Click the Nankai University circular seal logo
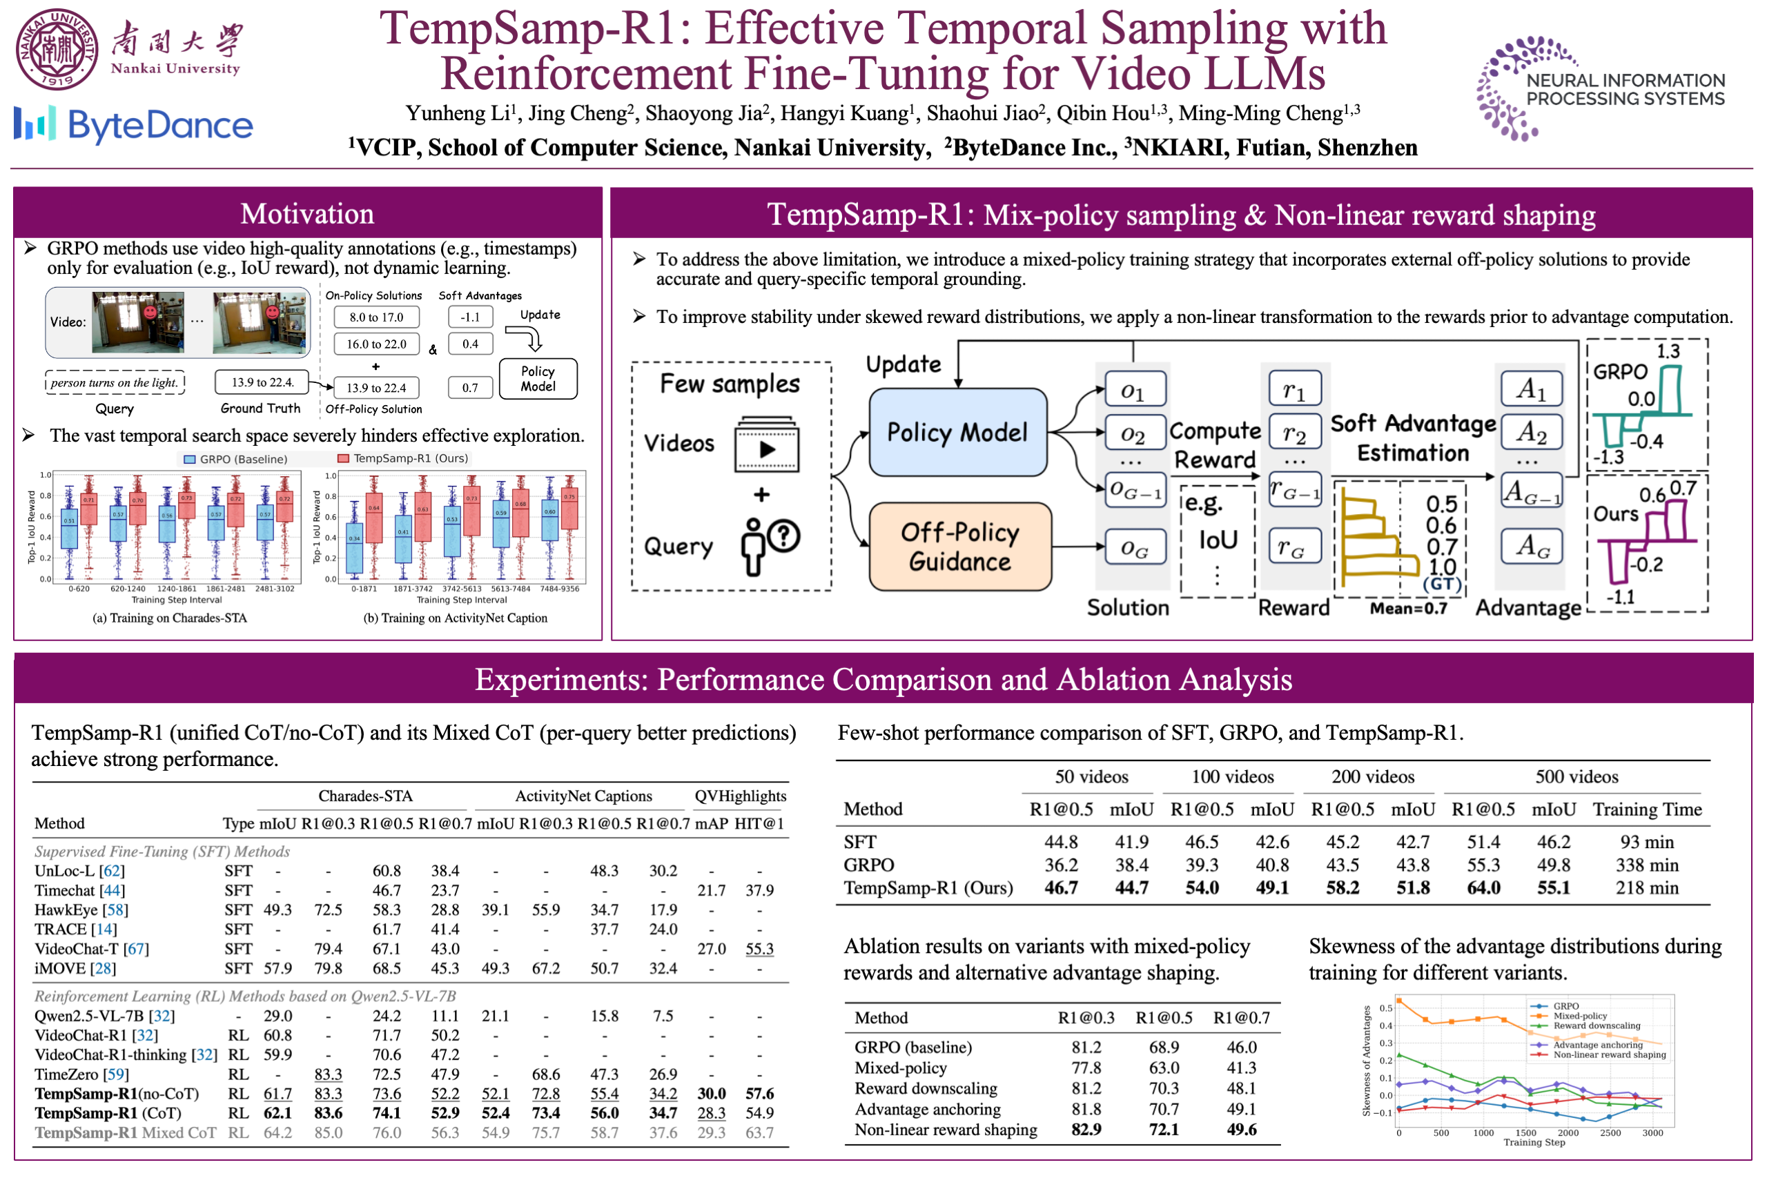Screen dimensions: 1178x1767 (x=57, y=49)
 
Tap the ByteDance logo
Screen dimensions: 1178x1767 (x=134, y=125)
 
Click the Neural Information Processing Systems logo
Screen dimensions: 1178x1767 (x=1600, y=88)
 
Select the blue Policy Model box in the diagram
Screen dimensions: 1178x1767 (x=957, y=432)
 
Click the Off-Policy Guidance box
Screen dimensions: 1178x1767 (x=959, y=547)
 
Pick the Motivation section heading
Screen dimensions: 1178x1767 (x=307, y=214)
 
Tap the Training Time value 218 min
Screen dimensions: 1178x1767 (x=1646, y=888)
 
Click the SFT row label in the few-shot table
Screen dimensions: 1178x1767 (x=859, y=842)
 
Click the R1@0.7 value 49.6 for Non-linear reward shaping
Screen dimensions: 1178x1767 (x=1241, y=1129)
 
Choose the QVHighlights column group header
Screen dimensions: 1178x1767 (x=740, y=796)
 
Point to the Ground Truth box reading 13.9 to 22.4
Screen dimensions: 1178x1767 (x=262, y=382)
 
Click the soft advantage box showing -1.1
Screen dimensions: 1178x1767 (x=470, y=317)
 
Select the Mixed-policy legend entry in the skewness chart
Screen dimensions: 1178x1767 (x=1579, y=1016)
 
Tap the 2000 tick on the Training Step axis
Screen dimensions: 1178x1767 (x=1567, y=1133)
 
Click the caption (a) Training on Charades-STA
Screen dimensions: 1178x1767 (x=170, y=618)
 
